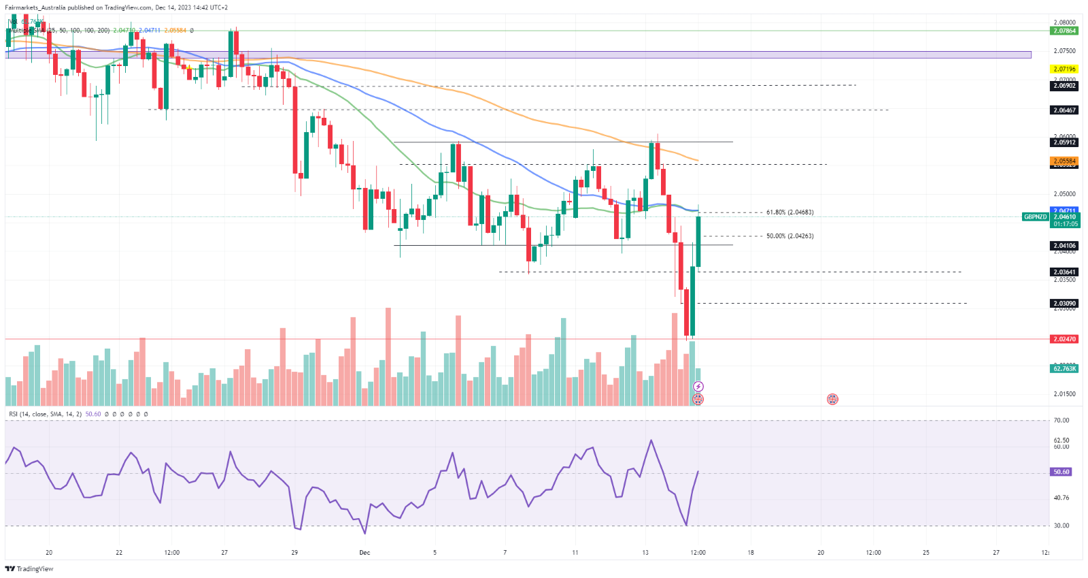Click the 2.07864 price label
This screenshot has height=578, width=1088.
point(1064,31)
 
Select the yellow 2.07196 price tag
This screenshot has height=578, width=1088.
point(1064,69)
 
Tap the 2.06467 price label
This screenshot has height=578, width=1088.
point(1064,110)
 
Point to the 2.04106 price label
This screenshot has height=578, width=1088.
point(1064,246)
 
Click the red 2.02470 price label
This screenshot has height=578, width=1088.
point(1064,339)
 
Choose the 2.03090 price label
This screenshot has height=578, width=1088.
point(1064,304)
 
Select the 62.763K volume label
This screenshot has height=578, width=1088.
point(1064,368)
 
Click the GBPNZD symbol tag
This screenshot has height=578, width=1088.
point(1035,217)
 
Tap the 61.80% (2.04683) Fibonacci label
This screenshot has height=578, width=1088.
point(789,212)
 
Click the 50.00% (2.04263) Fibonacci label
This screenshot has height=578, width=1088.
point(789,236)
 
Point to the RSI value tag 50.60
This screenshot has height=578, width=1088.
point(1061,472)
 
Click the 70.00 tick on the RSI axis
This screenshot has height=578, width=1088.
point(1061,421)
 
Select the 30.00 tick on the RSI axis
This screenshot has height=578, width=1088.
point(1061,526)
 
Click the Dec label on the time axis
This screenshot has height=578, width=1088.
point(364,553)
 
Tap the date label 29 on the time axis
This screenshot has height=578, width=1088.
point(294,553)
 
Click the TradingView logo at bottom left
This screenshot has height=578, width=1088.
point(29,568)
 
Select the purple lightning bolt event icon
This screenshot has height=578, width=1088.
point(698,387)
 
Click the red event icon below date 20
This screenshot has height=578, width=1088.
point(832,399)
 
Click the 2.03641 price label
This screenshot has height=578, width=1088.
point(1064,272)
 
